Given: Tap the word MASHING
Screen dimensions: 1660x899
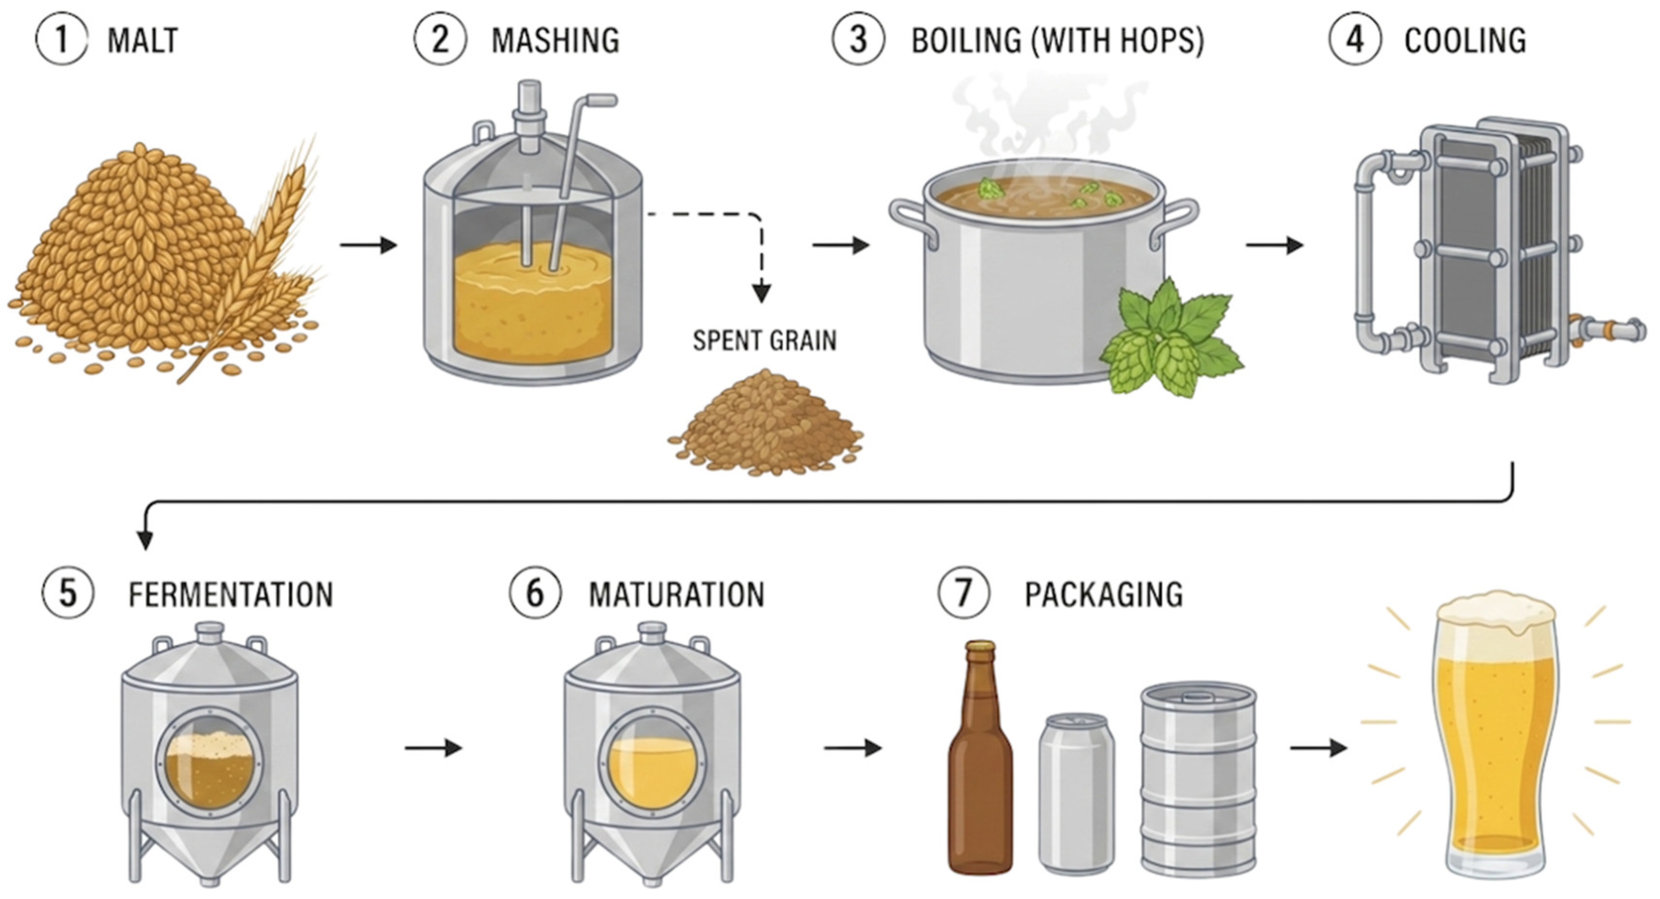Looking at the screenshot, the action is [x=556, y=40].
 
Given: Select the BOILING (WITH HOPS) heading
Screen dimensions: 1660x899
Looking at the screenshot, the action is [x=1057, y=40].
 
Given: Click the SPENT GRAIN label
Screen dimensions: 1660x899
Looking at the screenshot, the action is [x=765, y=340].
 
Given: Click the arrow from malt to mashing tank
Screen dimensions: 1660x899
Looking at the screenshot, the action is [x=368, y=245].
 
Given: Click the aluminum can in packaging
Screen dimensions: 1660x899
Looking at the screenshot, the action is [x=1077, y=793].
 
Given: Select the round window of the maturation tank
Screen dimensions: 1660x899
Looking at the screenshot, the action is [x=652, y=764].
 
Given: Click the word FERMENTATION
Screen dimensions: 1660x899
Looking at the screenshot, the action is [x=231, y=594].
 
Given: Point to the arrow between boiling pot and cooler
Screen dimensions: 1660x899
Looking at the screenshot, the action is [x=1274, y=245].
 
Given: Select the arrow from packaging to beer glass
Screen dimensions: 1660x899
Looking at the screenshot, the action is [x=1319, y=747].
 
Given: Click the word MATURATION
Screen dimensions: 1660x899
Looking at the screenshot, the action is [x=677, y=594].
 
